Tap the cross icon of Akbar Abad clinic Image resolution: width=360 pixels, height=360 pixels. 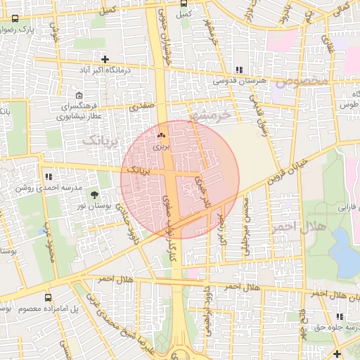105,60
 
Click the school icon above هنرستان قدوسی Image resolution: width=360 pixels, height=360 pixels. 240,70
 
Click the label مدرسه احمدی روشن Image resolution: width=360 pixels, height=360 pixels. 43,188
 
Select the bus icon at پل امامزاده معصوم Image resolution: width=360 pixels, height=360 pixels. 48,297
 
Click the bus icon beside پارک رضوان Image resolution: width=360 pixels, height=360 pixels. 15,19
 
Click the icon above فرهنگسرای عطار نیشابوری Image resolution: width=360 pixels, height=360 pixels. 79,95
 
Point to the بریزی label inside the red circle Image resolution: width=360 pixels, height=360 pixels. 162,148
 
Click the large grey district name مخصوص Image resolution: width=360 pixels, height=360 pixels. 302,82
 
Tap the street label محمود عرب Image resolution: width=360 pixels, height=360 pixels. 51,243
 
